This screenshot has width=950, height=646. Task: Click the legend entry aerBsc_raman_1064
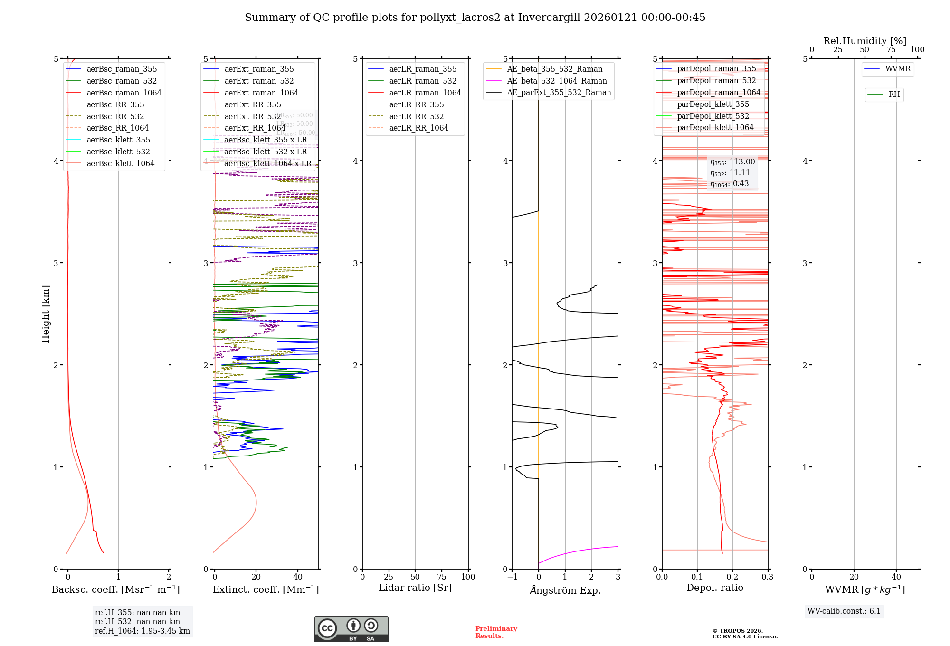(x=123, y=93)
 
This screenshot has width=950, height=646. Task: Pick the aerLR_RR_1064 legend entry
(x=418, y=128)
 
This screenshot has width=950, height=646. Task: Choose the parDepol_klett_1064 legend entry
(x=715, y=127)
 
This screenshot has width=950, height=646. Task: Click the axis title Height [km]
(x=46, y=313)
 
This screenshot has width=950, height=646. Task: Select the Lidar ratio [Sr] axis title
(x=415, y=588)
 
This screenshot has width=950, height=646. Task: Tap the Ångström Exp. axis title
(x=565, y=590)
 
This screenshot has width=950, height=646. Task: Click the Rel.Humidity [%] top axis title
(x=864, y=41)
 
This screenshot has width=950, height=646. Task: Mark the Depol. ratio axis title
(x=714, y=588)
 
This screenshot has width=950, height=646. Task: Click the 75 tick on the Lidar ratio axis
(x=442, y=577)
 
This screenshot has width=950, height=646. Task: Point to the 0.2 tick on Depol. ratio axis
(x=732, y=577)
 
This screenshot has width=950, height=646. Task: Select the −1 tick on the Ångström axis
(x=512, y=577)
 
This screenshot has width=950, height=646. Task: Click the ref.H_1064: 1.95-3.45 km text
(x=142, y=631)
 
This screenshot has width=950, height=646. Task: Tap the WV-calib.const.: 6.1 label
(x=844, y=611)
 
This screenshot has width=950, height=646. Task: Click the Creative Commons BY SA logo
(x=351, y=629)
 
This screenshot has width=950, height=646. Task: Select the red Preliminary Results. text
(x=496, y=632)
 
